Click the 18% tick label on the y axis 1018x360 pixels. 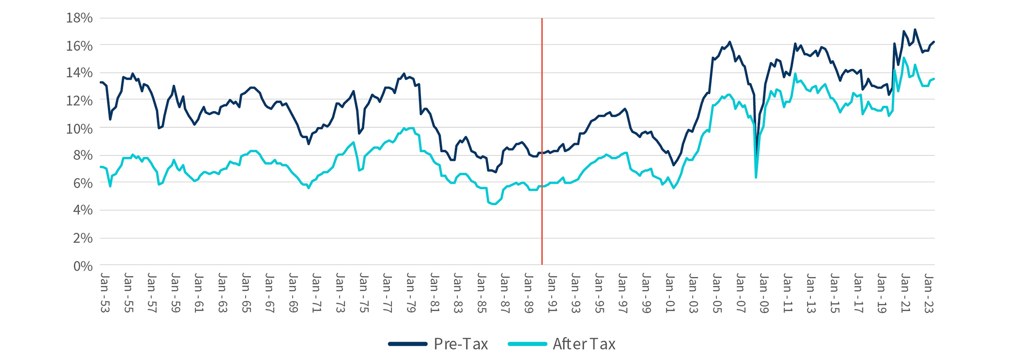click(79, 18)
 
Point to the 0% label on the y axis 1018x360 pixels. click(83, 266)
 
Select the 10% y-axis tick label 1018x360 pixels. click(79, 128)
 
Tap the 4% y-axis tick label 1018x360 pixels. click(83, 210)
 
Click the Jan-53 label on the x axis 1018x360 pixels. click(104, 293)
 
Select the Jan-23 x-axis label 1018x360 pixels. click(928, 293)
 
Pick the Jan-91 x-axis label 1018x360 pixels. click(552, 293)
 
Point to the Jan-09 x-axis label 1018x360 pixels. click(763, 293)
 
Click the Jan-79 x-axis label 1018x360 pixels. click(410, 293)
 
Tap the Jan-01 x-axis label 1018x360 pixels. click(669, 293)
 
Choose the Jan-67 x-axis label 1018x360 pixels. click(269, 293)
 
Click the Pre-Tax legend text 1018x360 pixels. click(461, 344)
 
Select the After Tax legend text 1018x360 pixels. click(584, 344)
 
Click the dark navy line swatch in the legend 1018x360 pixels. click(408, 344)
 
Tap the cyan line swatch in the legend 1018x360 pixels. click(527, 344)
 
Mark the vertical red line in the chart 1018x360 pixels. click(542, 153)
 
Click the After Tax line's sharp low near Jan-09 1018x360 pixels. click(756, 177)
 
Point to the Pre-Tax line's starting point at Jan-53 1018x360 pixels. click(101, 82)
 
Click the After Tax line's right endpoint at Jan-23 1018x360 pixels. click(934, 78)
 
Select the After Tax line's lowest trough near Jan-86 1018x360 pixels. click(493, 204)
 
